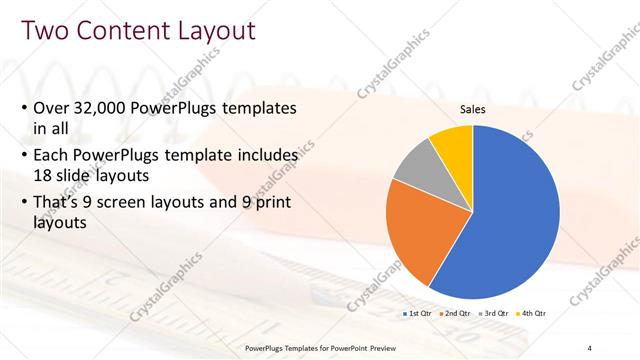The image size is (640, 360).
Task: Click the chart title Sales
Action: pyautogui.click(x=473, y=110)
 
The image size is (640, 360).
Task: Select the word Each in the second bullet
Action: pyautogui.click(x=54, y=156)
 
